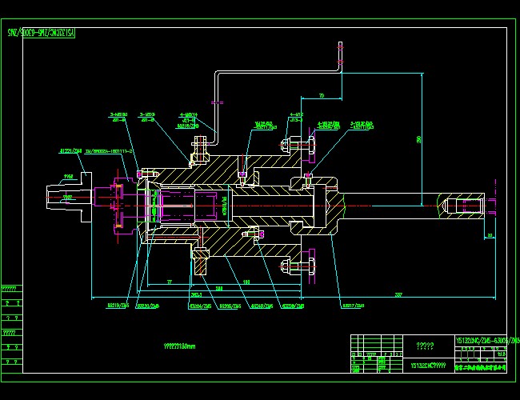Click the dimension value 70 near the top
(321, 96)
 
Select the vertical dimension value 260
(418, 138)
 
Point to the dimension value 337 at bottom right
(398, 295)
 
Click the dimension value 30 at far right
(490, 235)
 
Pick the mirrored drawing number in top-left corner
(41, 33)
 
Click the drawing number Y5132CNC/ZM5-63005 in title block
(486, 341)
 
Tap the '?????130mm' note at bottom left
(179, 347)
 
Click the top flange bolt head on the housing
(199, 149)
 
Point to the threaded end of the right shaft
(464, 206)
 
